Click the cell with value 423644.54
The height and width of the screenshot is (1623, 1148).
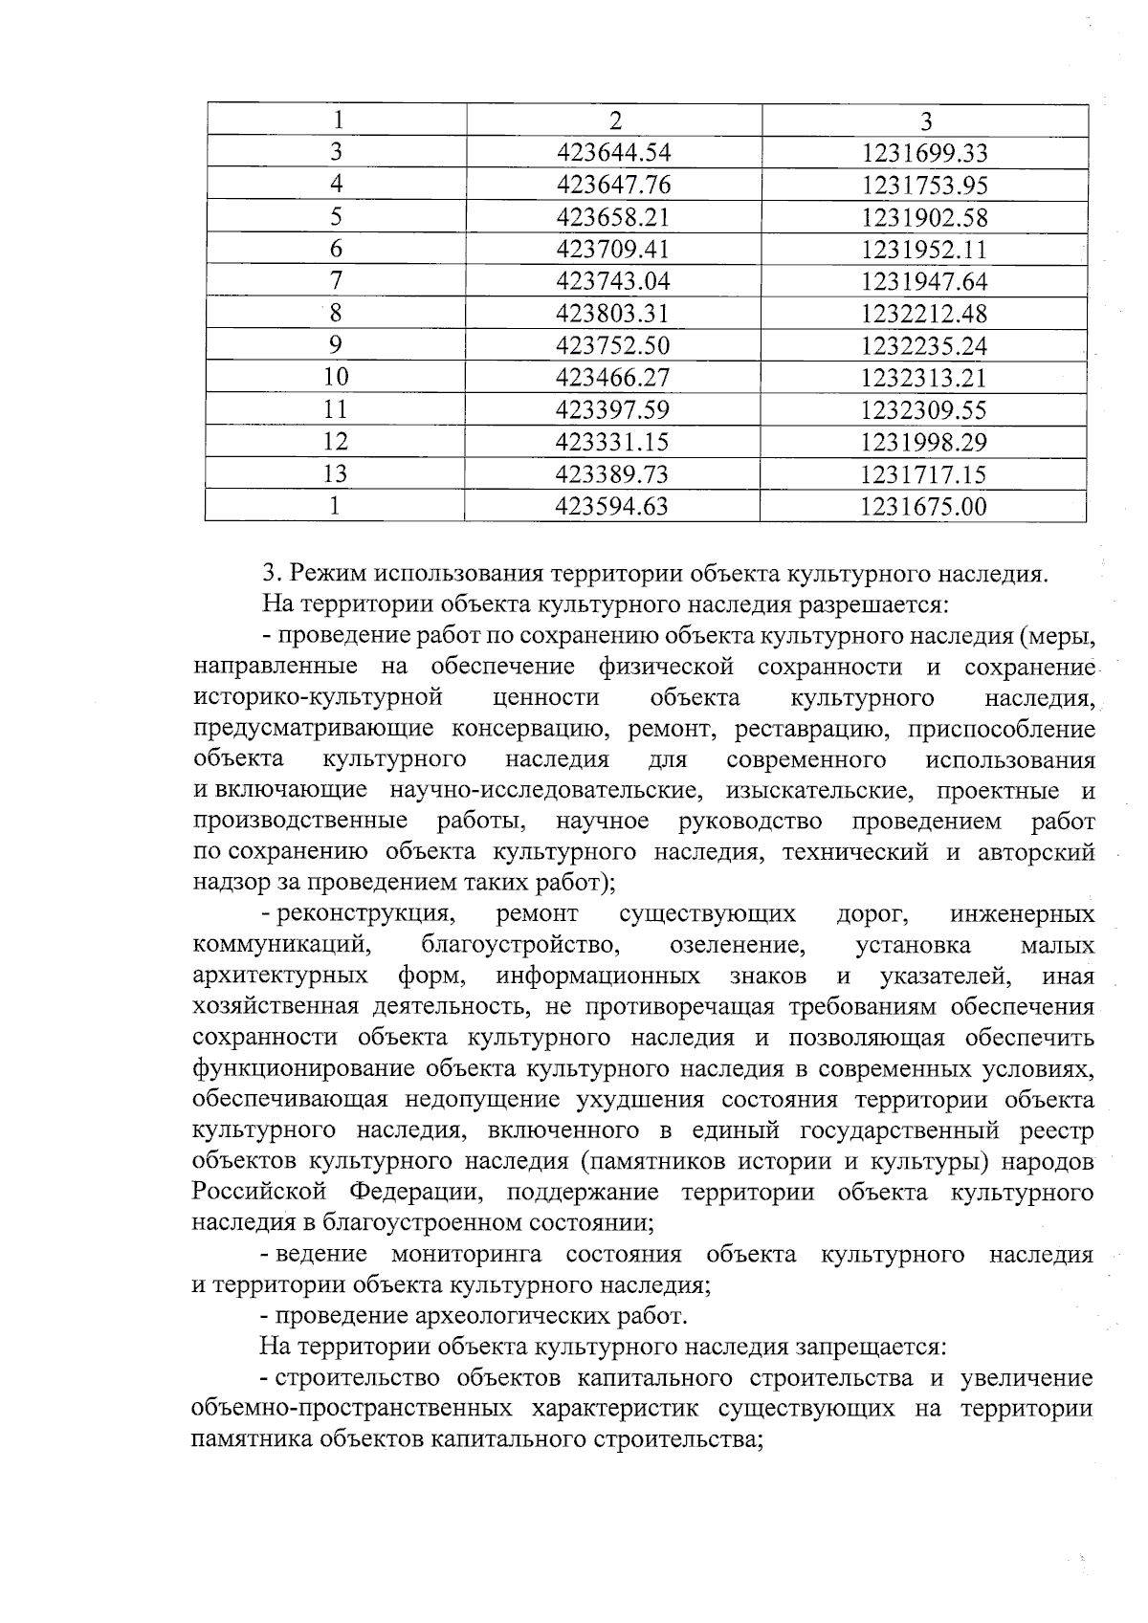click(613, 153)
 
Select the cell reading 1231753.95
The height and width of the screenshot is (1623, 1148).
click(924, 186)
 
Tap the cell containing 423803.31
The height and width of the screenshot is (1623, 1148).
click(613, 314)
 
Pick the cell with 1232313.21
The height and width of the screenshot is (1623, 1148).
click(924, 378)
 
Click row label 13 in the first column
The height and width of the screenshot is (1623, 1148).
click(336, 474)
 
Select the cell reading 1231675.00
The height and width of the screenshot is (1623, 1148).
click(924, 507)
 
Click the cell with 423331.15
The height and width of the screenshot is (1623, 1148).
click(613, 442)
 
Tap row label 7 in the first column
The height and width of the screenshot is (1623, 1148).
click(336, 281)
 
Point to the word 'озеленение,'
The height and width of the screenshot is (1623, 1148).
click(738, 946)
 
